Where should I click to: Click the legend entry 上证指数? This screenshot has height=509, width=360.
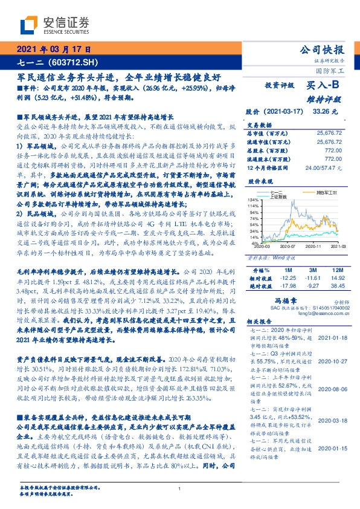point(278,195)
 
